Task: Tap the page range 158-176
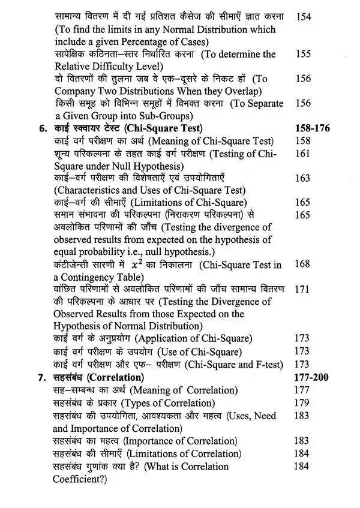313,128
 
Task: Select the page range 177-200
313,378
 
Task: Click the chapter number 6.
41,128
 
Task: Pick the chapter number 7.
41,378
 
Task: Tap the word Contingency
90,276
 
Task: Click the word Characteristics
89,191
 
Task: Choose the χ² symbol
173,264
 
